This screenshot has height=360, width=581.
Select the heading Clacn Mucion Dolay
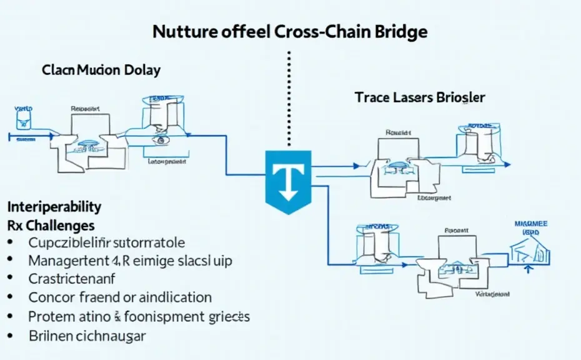pyautogui.click(x=101, y=69)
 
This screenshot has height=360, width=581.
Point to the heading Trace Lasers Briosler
pyautogui.click(x=420, y=97)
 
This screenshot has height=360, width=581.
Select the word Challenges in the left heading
pyautogui.click(x=60, y=224)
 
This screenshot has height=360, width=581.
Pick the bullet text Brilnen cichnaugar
pyautogui.click(x=87, y=336)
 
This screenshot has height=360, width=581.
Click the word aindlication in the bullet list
pyautogui.click(x=172, y=297)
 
